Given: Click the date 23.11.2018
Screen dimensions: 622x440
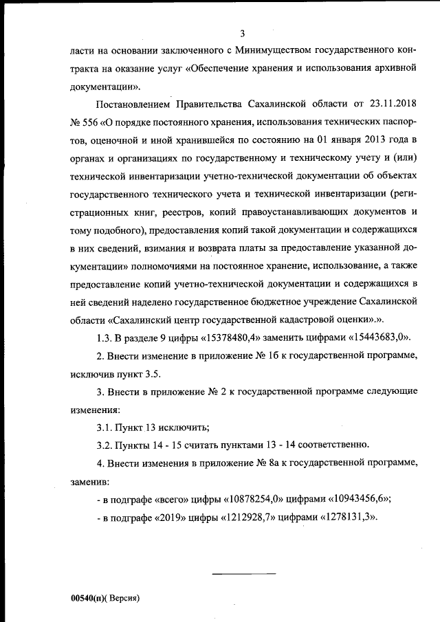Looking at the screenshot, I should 391,104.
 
